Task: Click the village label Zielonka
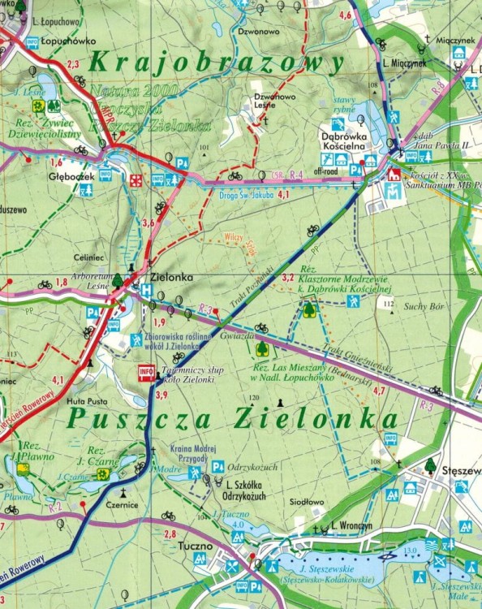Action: [x=171, y=278]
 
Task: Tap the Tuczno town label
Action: [x=192, y=546]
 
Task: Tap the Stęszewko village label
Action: [x=460, y=470]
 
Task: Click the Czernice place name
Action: [x=122, y=504]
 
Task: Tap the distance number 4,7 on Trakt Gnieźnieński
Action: [x=378, y=391]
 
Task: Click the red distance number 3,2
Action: [x=287, y=278]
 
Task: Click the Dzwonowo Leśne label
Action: [x=270, y=100]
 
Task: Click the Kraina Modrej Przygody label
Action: [x=192, y=452]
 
